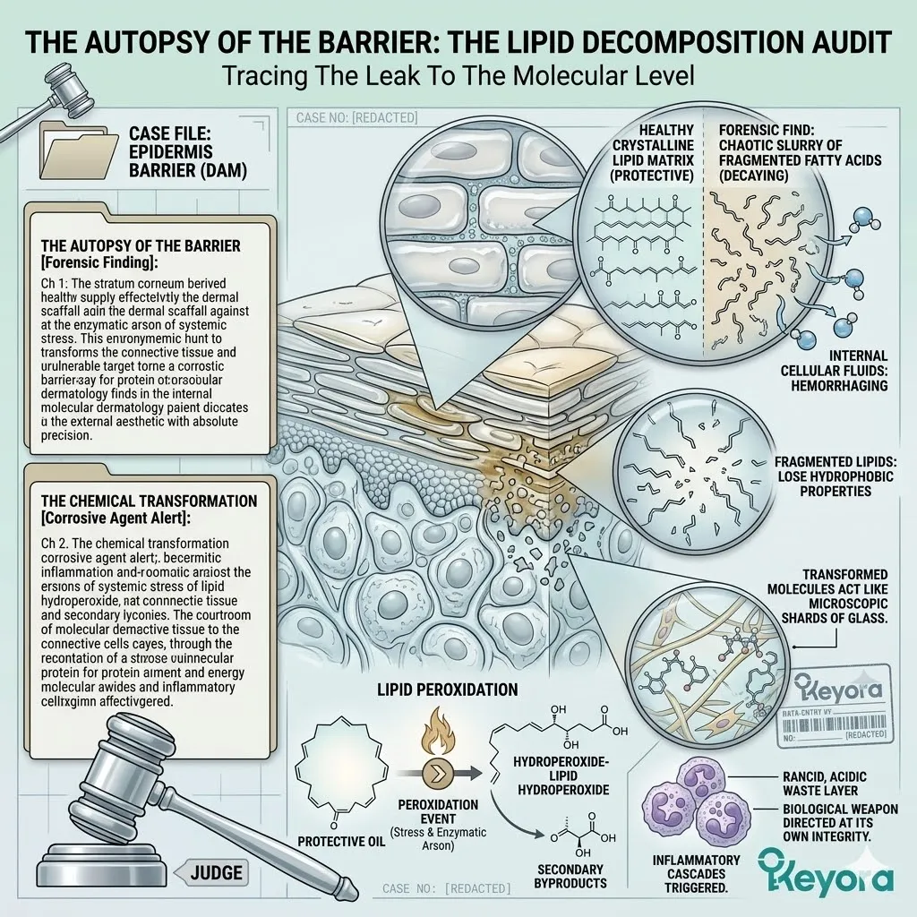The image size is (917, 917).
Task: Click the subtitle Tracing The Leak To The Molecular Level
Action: point(458,76)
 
